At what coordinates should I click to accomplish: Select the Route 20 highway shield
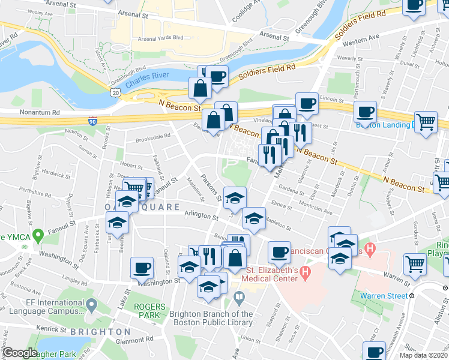[x=115, y=92]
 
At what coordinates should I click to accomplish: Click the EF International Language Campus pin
[x=91, y=306]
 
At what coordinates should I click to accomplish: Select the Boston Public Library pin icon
[x=239, y=296]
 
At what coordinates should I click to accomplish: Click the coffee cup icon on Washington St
[x=142, y=268]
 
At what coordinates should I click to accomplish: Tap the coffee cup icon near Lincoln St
[x=307, y=103]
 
